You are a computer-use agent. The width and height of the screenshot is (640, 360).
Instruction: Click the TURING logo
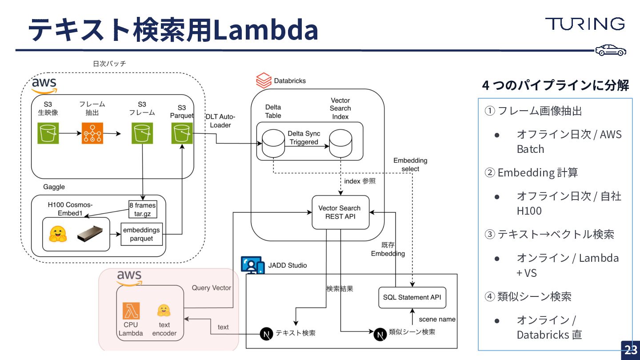tap(585, 24)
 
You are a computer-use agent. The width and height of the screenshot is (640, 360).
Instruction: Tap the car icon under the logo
tap(611, 51)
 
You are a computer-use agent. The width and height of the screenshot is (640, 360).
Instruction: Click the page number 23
tap(631, 350)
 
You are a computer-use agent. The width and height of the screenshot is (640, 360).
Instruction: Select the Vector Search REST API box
tap(340, 212)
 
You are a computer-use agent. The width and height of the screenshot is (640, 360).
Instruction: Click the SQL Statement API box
tap(412, 297)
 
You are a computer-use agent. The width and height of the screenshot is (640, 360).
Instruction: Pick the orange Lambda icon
tap(131, 311)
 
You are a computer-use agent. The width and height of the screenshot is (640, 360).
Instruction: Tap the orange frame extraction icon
tap(92, 133)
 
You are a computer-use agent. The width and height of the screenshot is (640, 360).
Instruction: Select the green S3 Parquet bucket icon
tap(182, 133)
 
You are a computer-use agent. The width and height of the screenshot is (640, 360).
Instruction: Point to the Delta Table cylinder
tap(273, 143)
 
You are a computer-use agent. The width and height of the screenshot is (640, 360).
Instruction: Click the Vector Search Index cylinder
tap(340, 143)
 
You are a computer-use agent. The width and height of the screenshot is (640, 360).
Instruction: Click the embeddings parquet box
tap(141, 234)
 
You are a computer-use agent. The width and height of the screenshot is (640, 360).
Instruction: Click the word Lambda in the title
tap(265, 30)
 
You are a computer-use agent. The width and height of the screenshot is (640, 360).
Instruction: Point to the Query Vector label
tap(212, 288)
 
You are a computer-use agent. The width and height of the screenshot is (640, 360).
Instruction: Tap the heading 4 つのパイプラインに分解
tap(555, 85)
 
